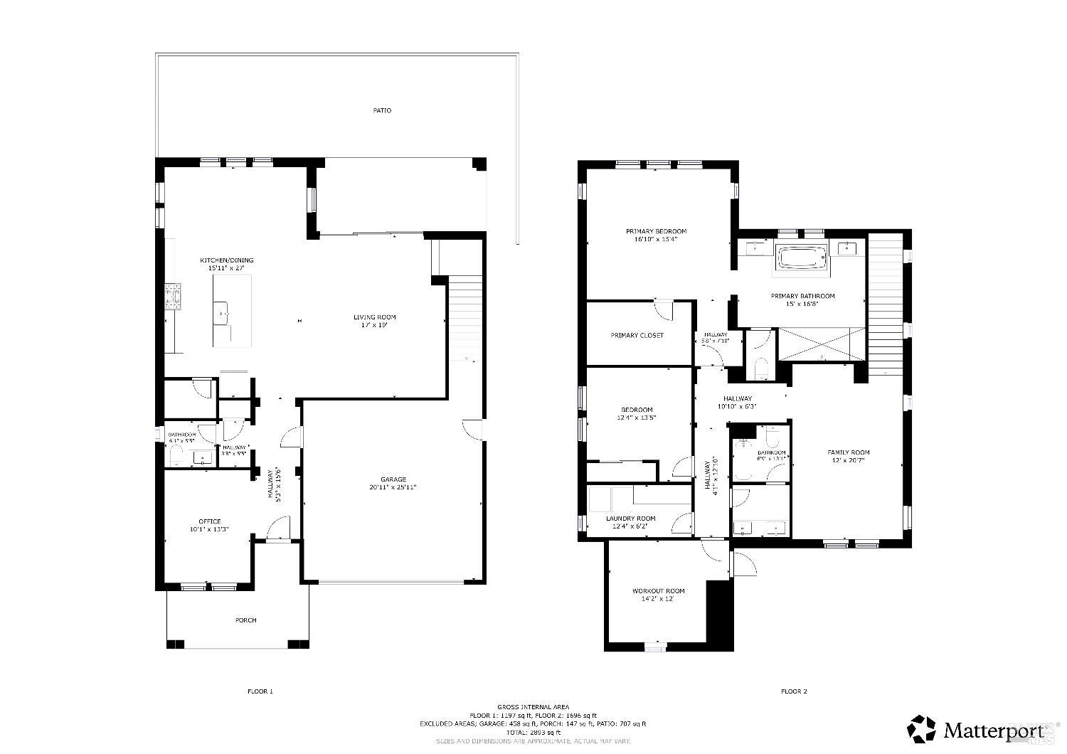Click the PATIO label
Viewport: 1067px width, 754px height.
pyautogui.click(x=382, y=111)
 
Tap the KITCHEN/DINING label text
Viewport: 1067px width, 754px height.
pyautogui.click(x=226, y=260)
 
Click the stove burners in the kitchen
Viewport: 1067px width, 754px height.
pyautogui.click(x=174, y=297)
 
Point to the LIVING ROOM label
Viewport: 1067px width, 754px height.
pyautogui.click(x=375, y=317)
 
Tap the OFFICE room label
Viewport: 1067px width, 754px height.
pyautogui.click(x=209, y=521)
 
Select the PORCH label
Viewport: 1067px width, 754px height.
pyautogui.click(x=245, y=620)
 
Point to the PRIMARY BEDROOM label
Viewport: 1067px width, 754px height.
pyautogui.click(x=656, y=231)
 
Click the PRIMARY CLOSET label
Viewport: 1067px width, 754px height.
pyautogui.click(x=637, y=335)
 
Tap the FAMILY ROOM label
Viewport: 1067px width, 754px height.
pyautogui.click(x=848, y=452)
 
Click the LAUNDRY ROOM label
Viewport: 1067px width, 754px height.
pyautogui.click(x=630, y=519)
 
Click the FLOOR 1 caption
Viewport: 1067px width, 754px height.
pyautogui.click(x=260, y=691)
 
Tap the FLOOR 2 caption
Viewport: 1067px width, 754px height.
pyautogui.click(x=794, y=691)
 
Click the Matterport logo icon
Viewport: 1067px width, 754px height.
pyautogui.click(x=921, y=729)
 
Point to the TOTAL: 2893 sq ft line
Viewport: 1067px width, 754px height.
pyautogui.click(x=533, y=732)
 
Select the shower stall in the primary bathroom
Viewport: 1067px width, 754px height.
pyautogui.click(x=822, y=344)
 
